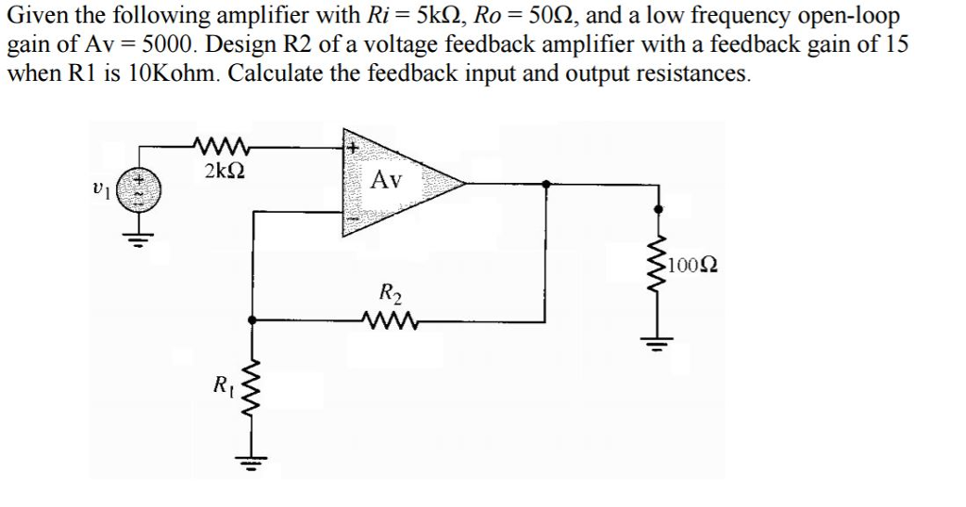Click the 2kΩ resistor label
pos(225,172)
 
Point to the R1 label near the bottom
pos(221,384)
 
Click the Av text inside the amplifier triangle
pos(389,179)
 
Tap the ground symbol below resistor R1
pos(250,461)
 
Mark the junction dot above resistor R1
pos(250,321)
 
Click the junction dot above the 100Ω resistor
pos(658,211)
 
